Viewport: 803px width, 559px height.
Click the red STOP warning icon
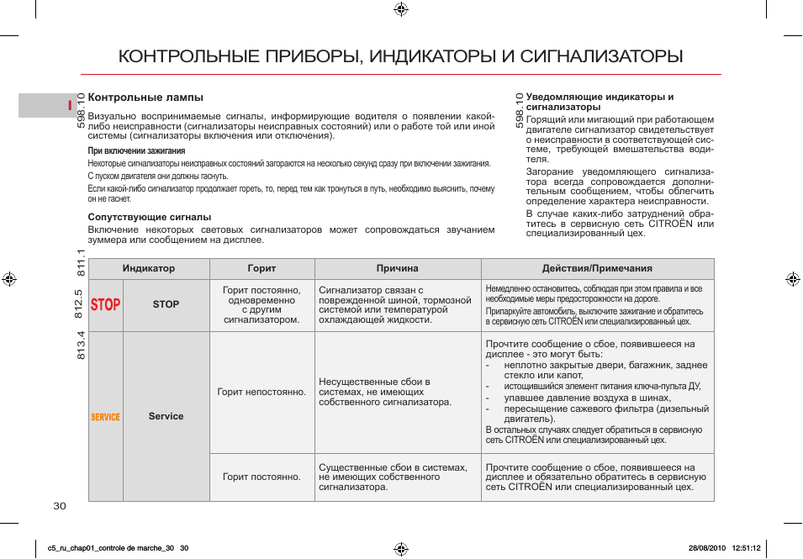click(x=106, y=304)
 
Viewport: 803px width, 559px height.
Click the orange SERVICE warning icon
click(x=106, y=417)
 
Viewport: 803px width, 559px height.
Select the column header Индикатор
click(x=149, y=268)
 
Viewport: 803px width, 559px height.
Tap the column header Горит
click(x=262, y=268)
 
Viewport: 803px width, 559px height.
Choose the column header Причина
click(x=397, y=268)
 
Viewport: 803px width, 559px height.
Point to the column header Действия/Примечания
click(x=597, y=268)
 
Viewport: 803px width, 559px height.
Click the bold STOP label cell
click(x=166, y=304)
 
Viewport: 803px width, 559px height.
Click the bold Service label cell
click(x=166, y=416)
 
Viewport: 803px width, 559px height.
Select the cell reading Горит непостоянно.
click(x=262, y=393)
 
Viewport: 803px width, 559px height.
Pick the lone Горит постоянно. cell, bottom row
click(x=262, y=477)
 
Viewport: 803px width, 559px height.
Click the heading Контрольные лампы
click(x=145, y=98)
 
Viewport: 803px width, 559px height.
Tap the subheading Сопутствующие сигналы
click(x=150, y=217)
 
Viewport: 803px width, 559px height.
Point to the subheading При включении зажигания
click(x=136, y=151)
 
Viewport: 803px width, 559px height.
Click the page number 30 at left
click(x=59, y=505)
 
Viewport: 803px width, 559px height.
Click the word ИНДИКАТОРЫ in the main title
click(x=433, y=56)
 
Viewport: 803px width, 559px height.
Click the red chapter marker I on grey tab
click(x=71, y=105)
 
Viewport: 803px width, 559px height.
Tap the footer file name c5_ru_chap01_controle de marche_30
click(x=112, y=548)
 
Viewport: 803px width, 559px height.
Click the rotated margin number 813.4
click(x=81, y=345)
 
